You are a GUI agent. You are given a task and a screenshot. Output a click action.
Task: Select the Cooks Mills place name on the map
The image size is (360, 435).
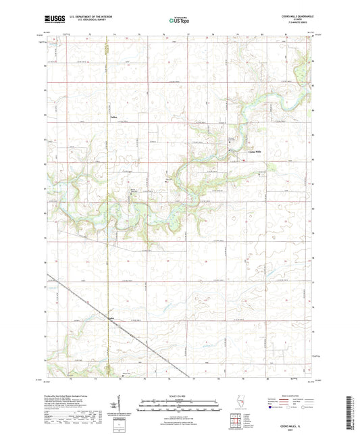click(259, 151)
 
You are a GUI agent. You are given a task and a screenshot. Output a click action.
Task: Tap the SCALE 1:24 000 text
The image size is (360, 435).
click(179, 395)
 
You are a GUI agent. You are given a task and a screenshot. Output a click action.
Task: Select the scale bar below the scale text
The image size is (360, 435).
click(179, 405)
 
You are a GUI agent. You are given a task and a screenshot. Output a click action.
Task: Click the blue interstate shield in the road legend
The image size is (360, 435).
click(272, 407)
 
